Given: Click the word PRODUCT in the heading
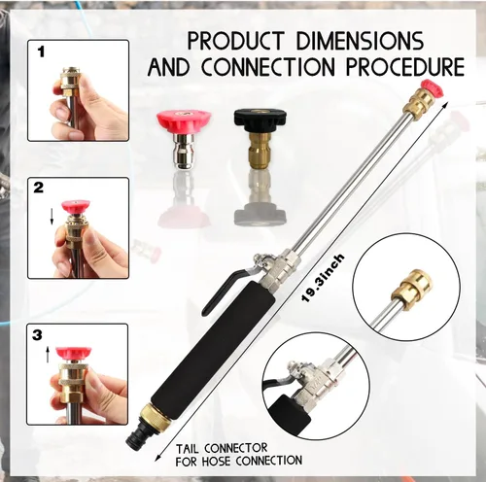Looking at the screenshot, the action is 236,41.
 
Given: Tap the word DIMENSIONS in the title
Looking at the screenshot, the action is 360,41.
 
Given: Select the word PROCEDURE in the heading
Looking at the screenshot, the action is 405,67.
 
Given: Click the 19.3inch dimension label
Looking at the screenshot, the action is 323,278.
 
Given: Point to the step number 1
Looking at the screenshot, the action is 41,52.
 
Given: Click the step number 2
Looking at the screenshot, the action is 39,188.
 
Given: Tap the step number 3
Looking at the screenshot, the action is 37,334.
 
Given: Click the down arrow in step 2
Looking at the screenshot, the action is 52,217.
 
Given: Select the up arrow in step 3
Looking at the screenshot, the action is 48,355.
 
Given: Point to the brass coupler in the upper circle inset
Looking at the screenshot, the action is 412,286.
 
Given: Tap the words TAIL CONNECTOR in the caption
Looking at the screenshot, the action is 222,449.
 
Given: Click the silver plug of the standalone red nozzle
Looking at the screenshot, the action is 185,151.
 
